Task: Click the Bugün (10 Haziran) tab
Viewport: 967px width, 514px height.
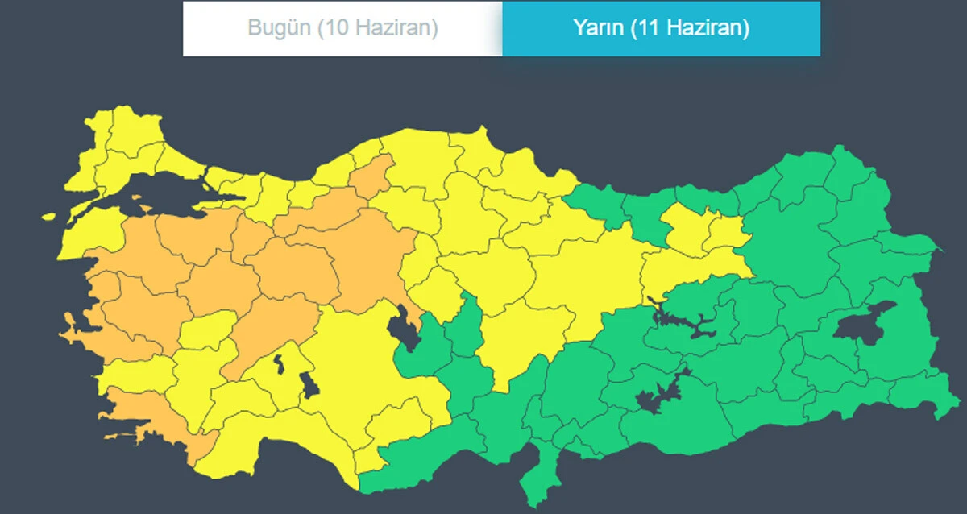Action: coord(342,28)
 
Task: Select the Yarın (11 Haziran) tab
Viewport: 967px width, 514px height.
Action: coord(661,28)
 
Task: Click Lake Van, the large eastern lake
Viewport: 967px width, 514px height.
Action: coord(864,322)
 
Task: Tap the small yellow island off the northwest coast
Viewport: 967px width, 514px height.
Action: coord(48,217)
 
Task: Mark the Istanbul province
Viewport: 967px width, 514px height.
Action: coord(181,157)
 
